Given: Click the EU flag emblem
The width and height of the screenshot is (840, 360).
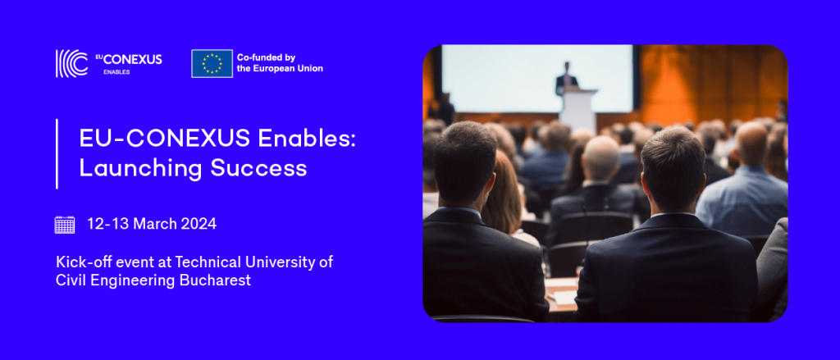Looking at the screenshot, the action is coord(212,64).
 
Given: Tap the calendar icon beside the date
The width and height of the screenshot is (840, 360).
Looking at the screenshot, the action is coord(65,225).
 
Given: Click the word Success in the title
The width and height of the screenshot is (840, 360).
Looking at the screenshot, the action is coord(258,168).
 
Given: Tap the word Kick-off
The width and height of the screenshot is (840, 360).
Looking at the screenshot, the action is coord(78,262).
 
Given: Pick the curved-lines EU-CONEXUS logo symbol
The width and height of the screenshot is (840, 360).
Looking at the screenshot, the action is coord(71,64).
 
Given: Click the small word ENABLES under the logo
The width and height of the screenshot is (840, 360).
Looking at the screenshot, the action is coord(116,72).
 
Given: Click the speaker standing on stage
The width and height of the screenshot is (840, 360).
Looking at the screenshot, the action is coord(566,77).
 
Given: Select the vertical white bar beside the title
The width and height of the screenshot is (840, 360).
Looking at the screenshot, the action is coord(57,153).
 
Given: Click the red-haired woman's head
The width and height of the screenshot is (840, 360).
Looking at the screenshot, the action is coord(503,191).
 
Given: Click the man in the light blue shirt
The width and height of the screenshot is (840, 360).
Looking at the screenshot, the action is coord(742,183).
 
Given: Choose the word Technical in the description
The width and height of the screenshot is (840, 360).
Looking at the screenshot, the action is coord(202,262).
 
